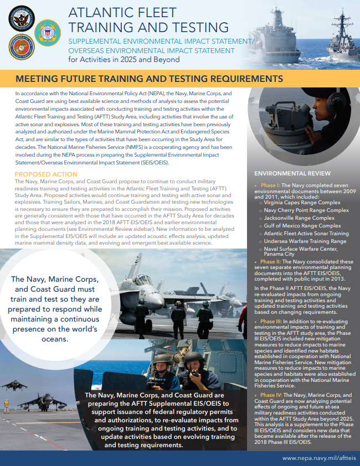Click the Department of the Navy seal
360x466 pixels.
pos(22,18)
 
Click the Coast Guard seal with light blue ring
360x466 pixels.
pos(48,33)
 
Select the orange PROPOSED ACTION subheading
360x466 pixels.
pos(46,174)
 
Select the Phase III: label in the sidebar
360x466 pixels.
pos(270,320)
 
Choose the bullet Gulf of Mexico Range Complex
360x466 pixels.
pos(303,226)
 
